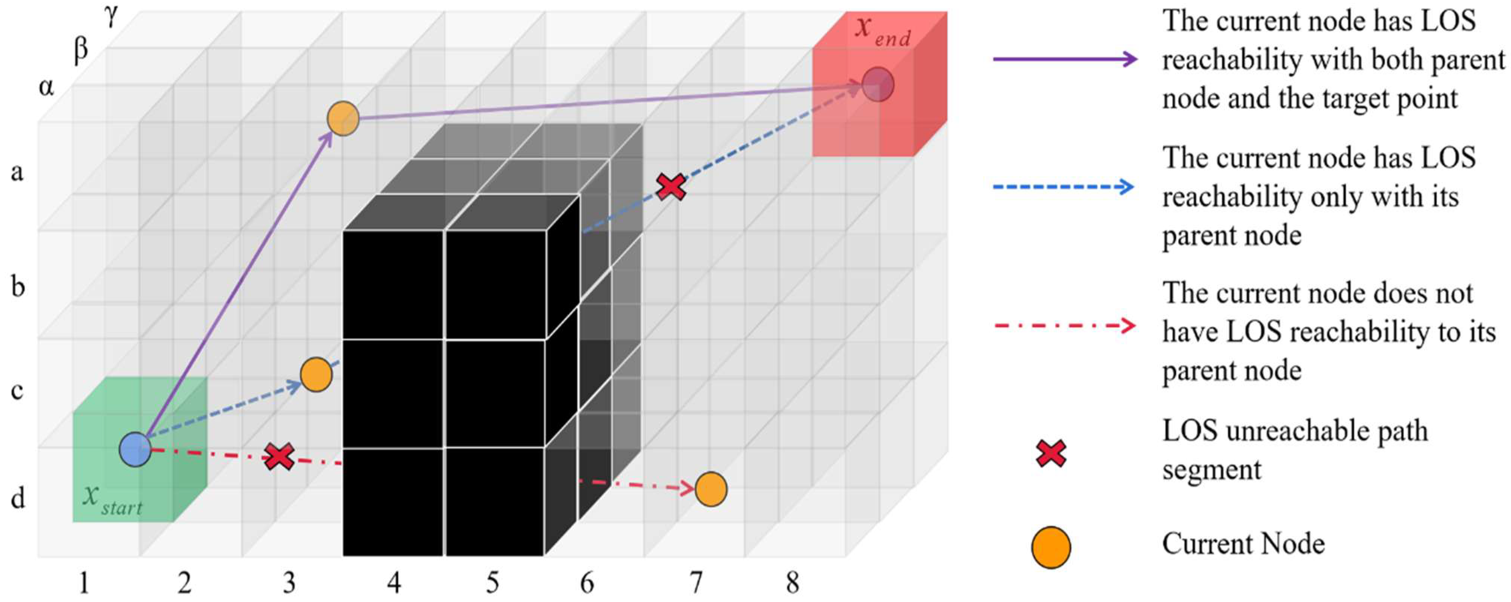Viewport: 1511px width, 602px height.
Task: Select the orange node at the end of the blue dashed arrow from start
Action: coord(316,374)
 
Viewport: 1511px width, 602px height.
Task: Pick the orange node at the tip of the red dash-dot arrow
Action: coord(711,489)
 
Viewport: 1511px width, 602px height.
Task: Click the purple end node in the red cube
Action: coord(878,85)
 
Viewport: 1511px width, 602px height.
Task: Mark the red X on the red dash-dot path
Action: coord(279,457)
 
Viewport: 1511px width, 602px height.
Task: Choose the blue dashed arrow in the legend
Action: coord(1063,187)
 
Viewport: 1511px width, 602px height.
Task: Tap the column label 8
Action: coord(792,583)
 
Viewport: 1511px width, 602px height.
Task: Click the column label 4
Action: coord(394,583)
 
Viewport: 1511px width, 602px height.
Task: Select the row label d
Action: coord(18,498)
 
